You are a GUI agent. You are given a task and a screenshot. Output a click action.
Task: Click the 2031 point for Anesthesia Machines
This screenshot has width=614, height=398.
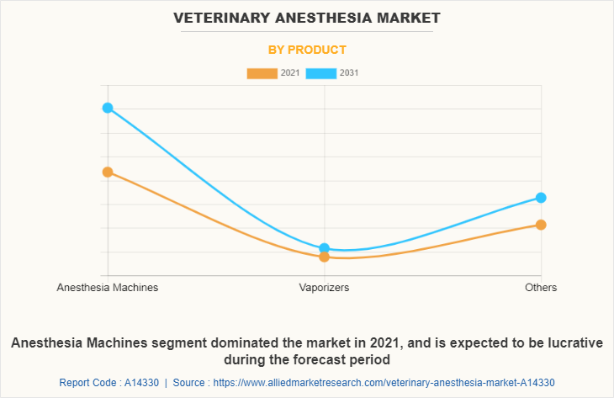tap(108, 108)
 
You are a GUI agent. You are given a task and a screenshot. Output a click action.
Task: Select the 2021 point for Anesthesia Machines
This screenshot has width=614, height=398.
tap(108, 172)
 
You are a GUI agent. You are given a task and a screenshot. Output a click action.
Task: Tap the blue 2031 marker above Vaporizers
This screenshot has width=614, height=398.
tap(325, 248)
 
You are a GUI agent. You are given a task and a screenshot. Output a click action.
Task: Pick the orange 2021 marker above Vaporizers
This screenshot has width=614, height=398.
tap(325, 257)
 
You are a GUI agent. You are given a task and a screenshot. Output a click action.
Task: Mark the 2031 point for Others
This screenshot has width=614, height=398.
tap(541, 198)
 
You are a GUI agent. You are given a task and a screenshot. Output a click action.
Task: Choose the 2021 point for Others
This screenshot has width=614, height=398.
tap(541, 225)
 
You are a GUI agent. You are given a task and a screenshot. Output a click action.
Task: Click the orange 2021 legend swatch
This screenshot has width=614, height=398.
tap(262, 73)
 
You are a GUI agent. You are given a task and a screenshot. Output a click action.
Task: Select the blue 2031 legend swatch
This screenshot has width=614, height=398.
tap(321, 73)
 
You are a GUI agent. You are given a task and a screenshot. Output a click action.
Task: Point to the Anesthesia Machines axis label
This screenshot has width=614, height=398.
tap(108, 288)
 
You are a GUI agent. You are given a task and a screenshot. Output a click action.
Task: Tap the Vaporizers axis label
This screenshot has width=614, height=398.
tap(325, 288)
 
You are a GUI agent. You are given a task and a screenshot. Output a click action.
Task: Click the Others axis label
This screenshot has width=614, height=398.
tap(541, 288)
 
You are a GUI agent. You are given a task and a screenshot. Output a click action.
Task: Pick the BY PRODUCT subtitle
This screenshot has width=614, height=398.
tap(307, 50)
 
